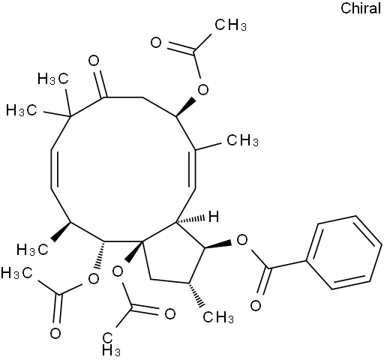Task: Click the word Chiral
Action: pyautogui.click(x=361, y=8)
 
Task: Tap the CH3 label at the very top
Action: pyautogui.click(x=230, y=25)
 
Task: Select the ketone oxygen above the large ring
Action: pyautogui.click(x=94, y=61)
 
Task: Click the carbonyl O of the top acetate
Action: pyautogui.click(x=156, y=43)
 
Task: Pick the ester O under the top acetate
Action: pyautogui.click(x=202, y=89)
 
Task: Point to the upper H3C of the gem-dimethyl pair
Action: pyautogui.click(x=52, y=79)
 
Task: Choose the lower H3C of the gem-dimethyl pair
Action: pyautogui.click(x=22, y=110)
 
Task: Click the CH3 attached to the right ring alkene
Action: pyautogui.click(x=242, y=140)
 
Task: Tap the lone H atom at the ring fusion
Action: pyautogui.click(x=214, y=217)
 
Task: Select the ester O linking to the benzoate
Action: pyautogui.click(x=241, y=240)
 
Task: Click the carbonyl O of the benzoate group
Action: pyautogui.click(x=256, y=305)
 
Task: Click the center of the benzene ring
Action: pyautogui.click(x=344, y=253)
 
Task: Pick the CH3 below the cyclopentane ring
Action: pyautogui.click(x=218, y=317)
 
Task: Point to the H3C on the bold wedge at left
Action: pyautogui.click(x=32, y=250)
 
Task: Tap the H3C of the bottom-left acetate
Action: pyautogui.click(x=16, y=273)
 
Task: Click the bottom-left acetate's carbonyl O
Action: pyautogui.click(x=55, y=334)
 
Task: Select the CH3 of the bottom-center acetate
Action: pyautogui.click(x=111, y=343)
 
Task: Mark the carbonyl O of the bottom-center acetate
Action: pyautogui.click(x=170, y=314)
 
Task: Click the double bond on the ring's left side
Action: pyautogui.click(x=53, y=169)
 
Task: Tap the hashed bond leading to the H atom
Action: pyautogui.click(x=190, y=220)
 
